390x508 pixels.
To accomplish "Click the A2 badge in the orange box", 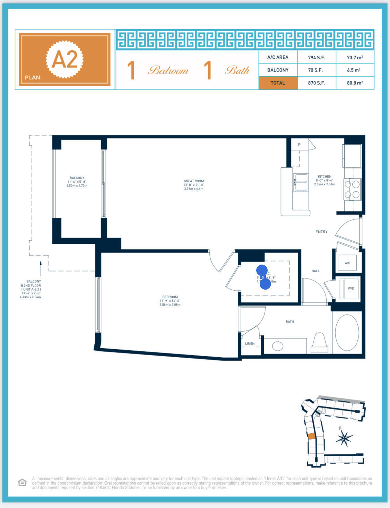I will [x=65, y=59].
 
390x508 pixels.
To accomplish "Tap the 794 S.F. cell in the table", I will [x=316, y=57].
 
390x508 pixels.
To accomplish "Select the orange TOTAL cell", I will [x=278, y=83].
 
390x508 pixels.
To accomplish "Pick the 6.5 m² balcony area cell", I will [x=354, y=70].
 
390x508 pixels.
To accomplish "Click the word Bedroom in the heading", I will [x=168, y=70].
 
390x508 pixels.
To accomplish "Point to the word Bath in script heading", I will [x=237, y=70].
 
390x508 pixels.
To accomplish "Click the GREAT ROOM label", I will [x=194, y=181].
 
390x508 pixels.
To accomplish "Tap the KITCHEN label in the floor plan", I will [x=324, y=177].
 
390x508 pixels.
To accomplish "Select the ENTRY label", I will [x=321, y=232].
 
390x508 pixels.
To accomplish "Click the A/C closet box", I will [x=347, y=263].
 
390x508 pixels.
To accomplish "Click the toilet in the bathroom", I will [x=319, y=342].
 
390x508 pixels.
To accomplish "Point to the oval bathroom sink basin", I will [x=278, y=346].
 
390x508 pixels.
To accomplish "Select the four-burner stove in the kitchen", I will [x=352, y=189].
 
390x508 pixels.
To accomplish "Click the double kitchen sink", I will [x=301, y=182].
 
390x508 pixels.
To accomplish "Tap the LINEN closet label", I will [x=250, y=344].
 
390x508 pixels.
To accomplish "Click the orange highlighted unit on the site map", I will [x=311, y=436].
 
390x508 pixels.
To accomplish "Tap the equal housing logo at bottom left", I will [x=22, y=483].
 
